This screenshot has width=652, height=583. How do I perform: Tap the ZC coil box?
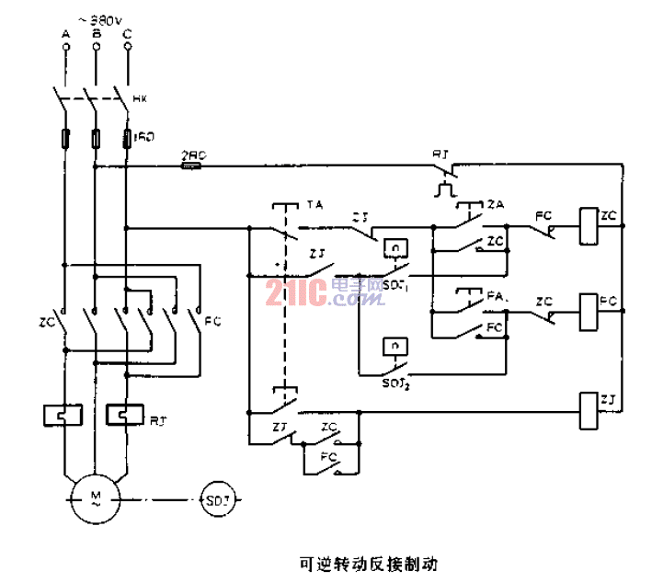click(588, 219)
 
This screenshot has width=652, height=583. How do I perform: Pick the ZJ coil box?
click(588, 409)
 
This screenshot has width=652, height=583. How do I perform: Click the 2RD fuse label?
click(192, 156)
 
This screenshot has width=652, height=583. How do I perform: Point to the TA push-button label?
click(315, 204)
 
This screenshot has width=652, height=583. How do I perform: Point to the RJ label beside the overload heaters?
click(156, 420)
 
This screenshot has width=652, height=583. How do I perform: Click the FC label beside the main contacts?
click(212, 321)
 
